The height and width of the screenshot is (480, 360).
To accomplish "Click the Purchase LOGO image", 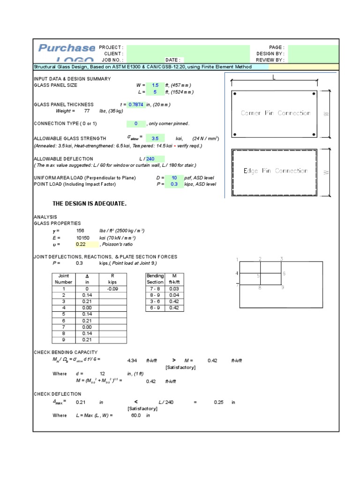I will coord(66,53).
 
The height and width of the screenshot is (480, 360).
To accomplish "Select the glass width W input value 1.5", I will coord(155,85).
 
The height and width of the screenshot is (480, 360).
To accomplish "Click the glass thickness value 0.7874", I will coord(136,105).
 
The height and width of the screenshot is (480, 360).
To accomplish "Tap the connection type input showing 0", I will coord(136,124).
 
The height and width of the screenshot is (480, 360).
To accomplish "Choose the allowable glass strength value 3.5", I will coord(155,139).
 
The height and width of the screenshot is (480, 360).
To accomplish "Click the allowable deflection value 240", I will coord(150,159).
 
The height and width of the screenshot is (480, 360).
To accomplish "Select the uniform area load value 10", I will coord(174,178).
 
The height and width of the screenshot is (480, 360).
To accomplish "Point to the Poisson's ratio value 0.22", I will coord(81,244).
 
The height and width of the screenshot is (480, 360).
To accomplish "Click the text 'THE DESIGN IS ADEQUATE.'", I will coord(90,204).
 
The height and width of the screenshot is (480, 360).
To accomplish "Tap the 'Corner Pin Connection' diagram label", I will coord(276,113).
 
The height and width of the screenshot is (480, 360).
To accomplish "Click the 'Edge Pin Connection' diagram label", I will coord(276,171).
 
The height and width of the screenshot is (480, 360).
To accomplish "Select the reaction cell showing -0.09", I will coord(112,289).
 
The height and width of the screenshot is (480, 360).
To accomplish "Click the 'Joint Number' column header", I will coord(64,279).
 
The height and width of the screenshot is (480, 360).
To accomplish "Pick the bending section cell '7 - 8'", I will coord(155,289).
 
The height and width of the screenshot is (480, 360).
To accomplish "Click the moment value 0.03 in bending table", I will coord(174,289).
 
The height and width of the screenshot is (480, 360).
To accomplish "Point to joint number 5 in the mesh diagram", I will coord(258,276).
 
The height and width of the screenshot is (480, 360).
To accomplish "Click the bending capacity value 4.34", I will coord(132,360).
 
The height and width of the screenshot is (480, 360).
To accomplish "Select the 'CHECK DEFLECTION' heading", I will coord(57,394).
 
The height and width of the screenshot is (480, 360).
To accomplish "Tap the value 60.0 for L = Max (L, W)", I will coord(136,415).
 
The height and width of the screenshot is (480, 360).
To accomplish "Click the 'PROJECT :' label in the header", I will coord(111,47).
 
